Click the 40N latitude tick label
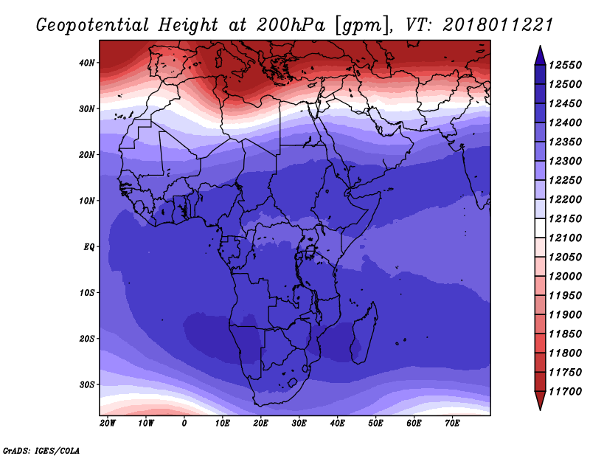[x=86, y=63]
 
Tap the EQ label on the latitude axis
[x=88, y=247]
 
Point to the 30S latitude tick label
[x=86, y=385]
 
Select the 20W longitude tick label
[x=108, y=424]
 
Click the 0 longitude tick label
[x=184, y=424]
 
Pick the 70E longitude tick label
[x=452, y=424]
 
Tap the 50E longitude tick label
[x=375, y=424]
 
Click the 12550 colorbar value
[x=565, y=65]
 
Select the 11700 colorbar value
[x=565, y=392]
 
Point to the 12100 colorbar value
[x=565, y=238]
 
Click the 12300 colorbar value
[x=565, y=161]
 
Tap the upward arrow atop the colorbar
[x=540, y=55]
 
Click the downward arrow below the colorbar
[x=540, y=401]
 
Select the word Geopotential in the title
[x=93, y=26]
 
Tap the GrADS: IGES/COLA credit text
[x=41, y=451]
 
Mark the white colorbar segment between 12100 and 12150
[x=540, y=228]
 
